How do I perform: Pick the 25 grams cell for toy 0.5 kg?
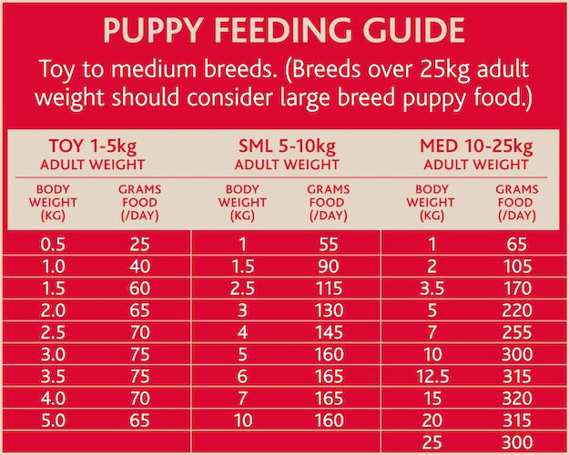click(139, 244)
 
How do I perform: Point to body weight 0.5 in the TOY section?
click(53, 244)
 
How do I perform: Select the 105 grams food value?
click(516, 265)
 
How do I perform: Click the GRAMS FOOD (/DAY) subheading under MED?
click(515, 203)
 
